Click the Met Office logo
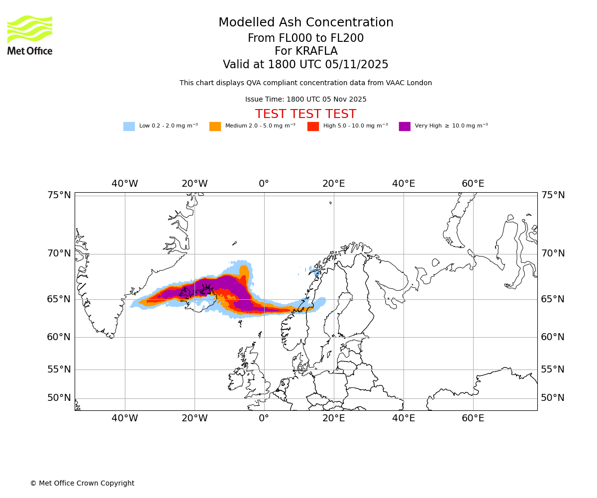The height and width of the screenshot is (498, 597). (x=30, y=35)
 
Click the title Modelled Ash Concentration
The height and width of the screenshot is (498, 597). (x=306, y=23)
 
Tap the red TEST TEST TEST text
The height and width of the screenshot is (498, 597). (x=306, y=115)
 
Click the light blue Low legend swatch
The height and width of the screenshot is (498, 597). (x=129, y=126)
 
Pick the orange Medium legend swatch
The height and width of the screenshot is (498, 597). (x=215, y=126)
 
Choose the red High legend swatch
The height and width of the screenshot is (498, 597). (x=313, y=126)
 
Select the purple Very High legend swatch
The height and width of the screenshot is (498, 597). (x=404, y=126)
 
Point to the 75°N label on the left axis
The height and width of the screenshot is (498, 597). (x=59, y=195)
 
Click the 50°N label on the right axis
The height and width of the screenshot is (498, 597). (x=553, y=398)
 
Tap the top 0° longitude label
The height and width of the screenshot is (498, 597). (x=264, y=184)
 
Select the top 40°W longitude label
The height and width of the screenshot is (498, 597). (x=125, y=184)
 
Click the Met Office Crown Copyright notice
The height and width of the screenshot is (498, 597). (x=82, y=484)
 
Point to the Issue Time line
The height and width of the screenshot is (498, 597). (x=306, y=100)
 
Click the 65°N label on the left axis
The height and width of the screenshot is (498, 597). (x=59, y=299)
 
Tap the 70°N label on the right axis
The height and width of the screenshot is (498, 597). (x=553, y=253)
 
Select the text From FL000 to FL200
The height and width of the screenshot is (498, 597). (x=306, y=38)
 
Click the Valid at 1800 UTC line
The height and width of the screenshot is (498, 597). (x=306, y=65)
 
